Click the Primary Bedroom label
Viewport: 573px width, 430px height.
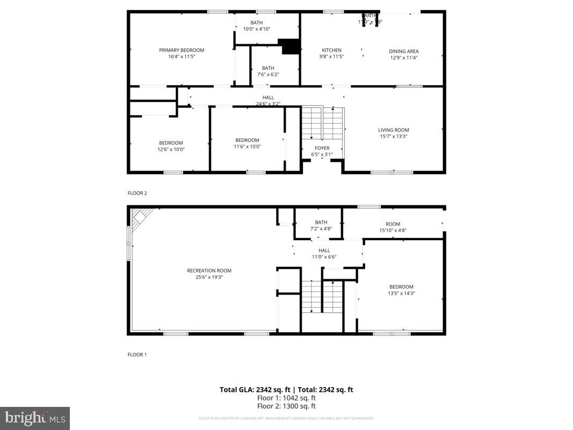tap(182, 50)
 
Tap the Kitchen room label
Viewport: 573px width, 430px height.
tap(331, 50)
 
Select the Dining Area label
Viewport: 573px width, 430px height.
tap(404, 52)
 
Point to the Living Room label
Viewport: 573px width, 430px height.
tap(393, 130)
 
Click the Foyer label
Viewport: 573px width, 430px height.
tap(322, 148)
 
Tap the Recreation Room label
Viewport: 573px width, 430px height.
tap(209, 271)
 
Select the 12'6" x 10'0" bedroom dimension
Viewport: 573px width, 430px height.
tap(171, 149)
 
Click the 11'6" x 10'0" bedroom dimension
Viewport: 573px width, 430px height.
tap(247, 147)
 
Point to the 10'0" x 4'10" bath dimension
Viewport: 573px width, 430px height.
tap(256, 29)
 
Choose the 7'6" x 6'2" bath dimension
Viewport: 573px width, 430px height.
tap(268, 75)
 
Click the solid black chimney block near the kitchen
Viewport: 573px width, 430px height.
tap(291, 47)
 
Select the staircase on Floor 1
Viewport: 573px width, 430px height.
tap(322, 296)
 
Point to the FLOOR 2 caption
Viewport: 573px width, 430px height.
tap(137, 192)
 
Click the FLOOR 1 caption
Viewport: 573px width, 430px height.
tap(137, 355)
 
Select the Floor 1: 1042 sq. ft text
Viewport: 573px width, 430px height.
tap(286, 398)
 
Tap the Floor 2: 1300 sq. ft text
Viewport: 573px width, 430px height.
tap(286, 406)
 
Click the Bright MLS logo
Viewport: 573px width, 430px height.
tap(35, 418)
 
